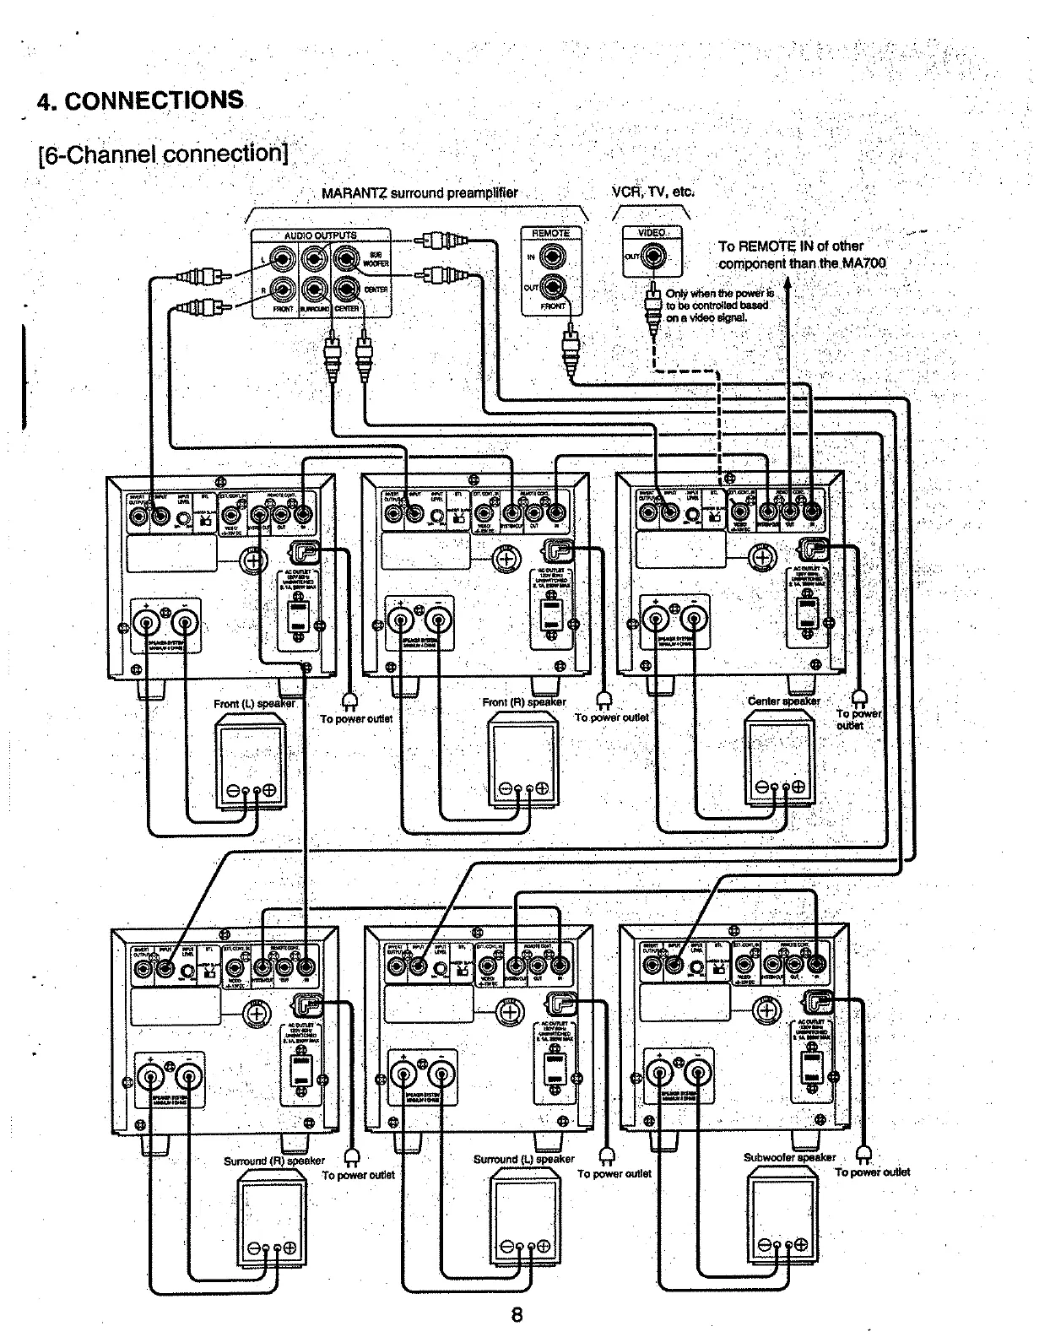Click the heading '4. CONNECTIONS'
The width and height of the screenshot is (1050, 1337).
(140, 100)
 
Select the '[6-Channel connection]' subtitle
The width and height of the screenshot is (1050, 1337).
(164, 154)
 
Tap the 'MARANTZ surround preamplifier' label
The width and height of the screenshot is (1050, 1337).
(419, 193)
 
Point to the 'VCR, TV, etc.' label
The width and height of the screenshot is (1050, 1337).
(653, 191)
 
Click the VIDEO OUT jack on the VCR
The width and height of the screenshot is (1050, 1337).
(652, 256)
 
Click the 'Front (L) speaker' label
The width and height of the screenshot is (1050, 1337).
(254, 703)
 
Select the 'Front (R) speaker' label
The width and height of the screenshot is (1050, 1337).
(523, 701)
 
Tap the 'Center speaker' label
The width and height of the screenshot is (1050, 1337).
(783, 701)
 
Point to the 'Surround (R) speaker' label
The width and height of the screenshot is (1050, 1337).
(273, 1161)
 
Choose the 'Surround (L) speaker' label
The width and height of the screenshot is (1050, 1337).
(523, 1159)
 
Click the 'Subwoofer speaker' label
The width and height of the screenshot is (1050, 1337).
(789, 1157)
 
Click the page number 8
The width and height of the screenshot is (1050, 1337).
(517, 1314)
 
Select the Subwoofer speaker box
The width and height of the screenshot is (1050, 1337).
(782, 1216)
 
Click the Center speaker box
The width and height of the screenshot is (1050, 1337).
(780, 758)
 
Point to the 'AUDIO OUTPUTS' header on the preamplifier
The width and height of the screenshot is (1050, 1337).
(320, 235)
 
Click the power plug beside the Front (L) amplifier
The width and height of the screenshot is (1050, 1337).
(350, 700)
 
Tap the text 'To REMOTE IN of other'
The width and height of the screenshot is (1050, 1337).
(790, 246)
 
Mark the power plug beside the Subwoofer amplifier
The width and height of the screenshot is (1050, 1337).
(862, 1155)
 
